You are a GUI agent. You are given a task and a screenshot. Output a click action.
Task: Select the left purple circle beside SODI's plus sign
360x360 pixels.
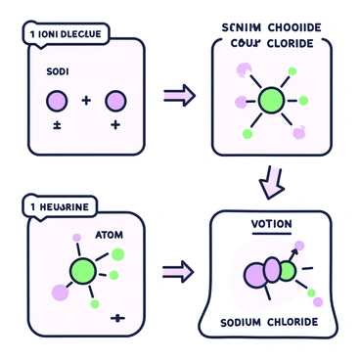click(x=57, y=101)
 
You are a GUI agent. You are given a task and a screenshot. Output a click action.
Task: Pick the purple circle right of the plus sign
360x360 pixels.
click(x=116, y=101)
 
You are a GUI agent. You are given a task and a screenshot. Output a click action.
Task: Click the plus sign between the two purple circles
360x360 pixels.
click(x=86, y=101)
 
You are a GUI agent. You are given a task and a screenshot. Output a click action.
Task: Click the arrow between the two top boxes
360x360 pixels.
click(x=179, y=95)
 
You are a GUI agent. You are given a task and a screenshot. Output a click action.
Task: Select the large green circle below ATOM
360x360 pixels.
click(x=85, y=271)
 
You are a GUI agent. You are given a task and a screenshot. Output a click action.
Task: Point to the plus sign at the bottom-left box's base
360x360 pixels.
click(x=119, y=317)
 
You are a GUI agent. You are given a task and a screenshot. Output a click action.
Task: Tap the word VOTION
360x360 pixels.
click(x=271, y=224)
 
